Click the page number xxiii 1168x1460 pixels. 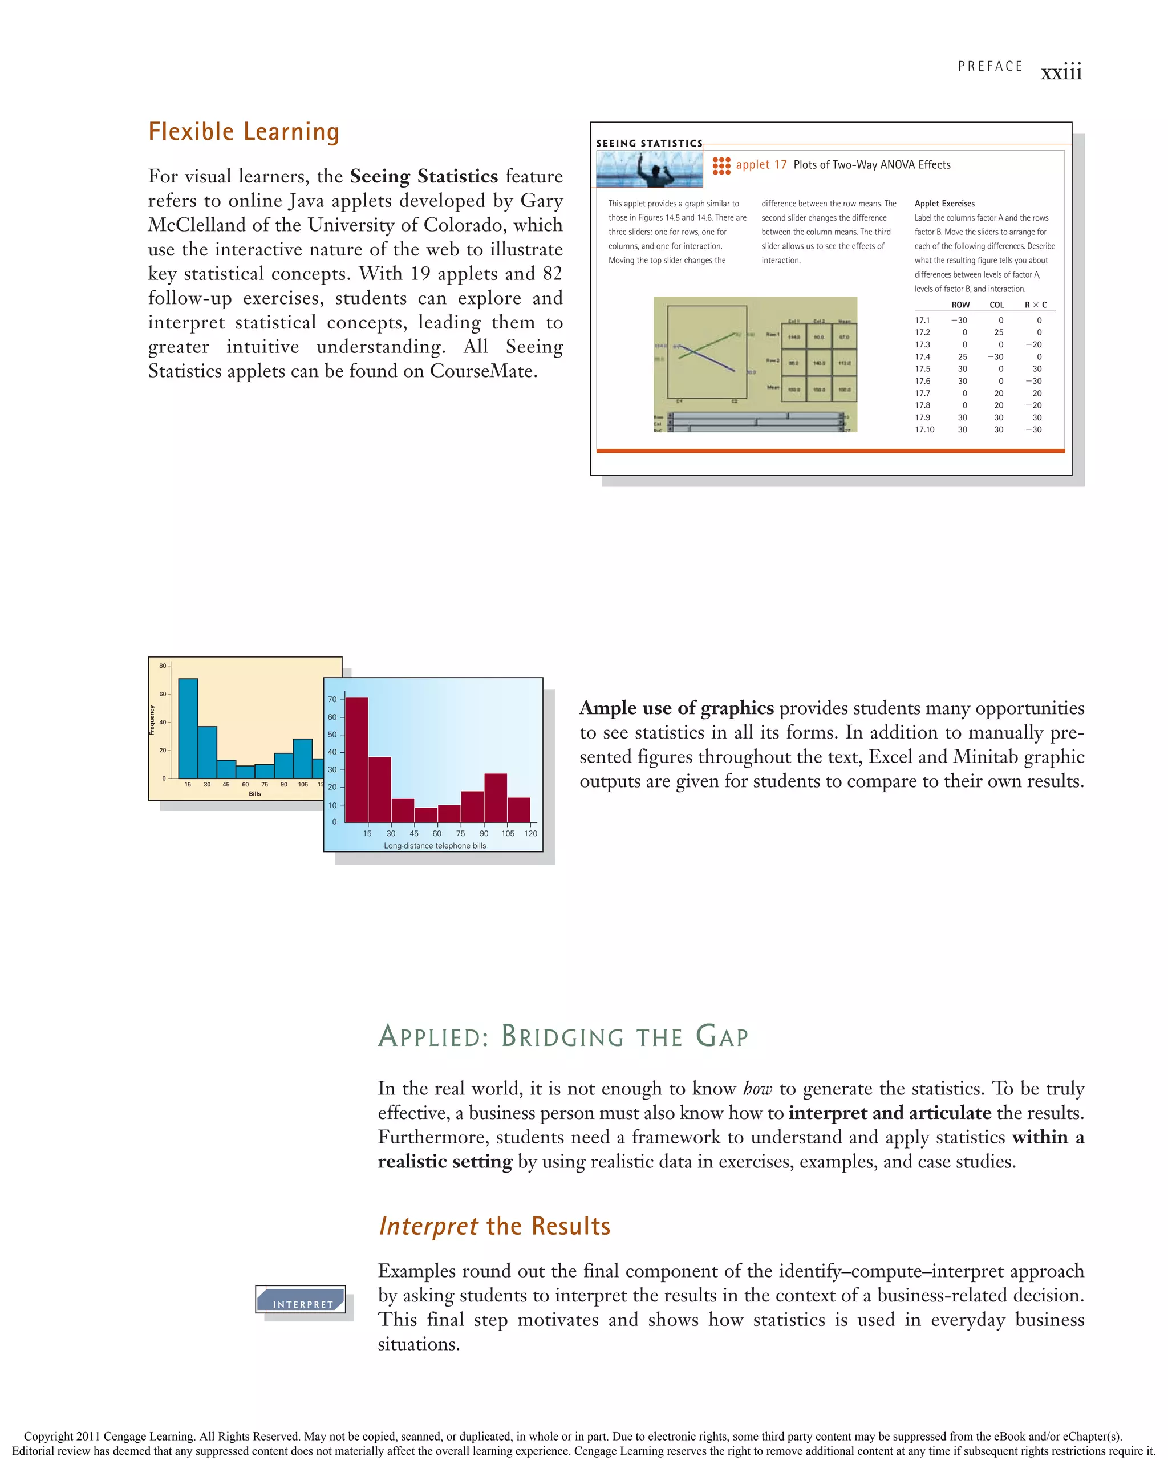coord(1060,72)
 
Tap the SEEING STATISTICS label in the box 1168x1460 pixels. coord(648,144)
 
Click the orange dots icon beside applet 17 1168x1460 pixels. coord(721,165)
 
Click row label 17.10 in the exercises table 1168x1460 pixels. coord(924,429)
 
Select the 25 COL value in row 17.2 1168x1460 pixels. coord(998,332)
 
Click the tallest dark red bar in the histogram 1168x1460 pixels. coord(357,759)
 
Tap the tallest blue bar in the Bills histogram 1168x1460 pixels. coord(188,728)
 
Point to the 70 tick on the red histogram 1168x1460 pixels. coord(332,700)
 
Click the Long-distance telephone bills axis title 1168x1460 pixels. coord(435,846)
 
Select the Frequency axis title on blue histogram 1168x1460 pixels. coord(152,720)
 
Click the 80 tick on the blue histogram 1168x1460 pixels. coord(163,666)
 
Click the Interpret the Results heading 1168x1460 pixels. coord(494,1226)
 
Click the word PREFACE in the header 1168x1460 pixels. coord(989,66)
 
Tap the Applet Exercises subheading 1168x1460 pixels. coord(944,203)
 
